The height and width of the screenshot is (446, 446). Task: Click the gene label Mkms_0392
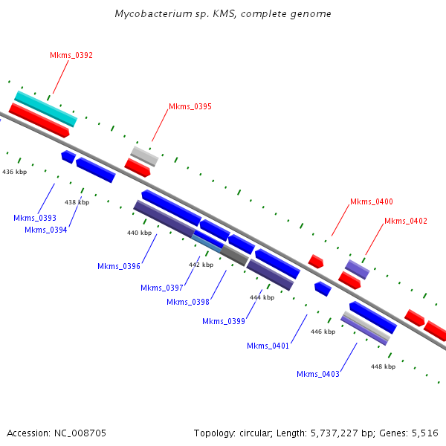[x=71, y=55]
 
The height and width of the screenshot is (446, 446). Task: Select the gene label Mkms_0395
[x=190, y=106]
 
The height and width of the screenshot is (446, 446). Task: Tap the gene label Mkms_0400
[x=372, y=201]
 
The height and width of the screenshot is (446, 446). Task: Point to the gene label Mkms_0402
[x=406, y=221]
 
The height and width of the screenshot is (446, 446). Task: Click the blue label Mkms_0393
[x=35, y=218]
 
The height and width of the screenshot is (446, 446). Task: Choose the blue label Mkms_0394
[x=46, y=230]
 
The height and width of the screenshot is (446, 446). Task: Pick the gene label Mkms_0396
[x=119, y=266]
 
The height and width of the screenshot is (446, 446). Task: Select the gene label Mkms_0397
[x=162, y=288]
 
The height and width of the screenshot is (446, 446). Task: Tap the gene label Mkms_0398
[x=188, y=302]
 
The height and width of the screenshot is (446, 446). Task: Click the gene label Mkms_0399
[x=224, y=321]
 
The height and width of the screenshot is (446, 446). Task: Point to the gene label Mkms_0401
[x=268, y=346]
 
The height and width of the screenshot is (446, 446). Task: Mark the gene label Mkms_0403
[x=318, y=374]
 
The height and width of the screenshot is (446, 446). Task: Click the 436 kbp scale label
[x=15, y=172]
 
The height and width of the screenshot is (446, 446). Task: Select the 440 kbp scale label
[x=139, y=233]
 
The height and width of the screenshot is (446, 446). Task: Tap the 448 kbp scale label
[x=383, y=366]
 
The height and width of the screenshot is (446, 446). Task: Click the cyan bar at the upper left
[x=45, y=109]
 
